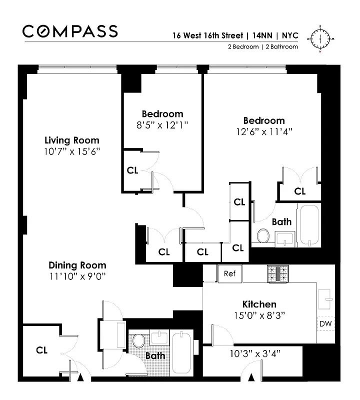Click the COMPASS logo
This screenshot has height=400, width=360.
tap(70, 31)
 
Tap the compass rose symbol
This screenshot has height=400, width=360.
tap(320, 37)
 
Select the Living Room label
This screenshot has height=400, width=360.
tap(71, 140)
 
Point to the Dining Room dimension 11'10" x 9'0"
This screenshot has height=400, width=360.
tap(77, 275)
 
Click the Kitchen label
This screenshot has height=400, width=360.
tap(259, 304)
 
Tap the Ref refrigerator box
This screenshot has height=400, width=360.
tap(229, 273)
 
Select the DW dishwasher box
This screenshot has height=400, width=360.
tap(326, 324)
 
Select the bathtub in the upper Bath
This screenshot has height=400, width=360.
tap(309, 224)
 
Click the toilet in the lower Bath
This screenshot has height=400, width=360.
tap(138, 341)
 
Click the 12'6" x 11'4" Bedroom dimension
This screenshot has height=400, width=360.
tap(264, 131)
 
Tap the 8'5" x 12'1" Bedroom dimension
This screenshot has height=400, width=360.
tap(162, 124)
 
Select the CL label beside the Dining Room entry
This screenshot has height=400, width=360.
tap(42, 350)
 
